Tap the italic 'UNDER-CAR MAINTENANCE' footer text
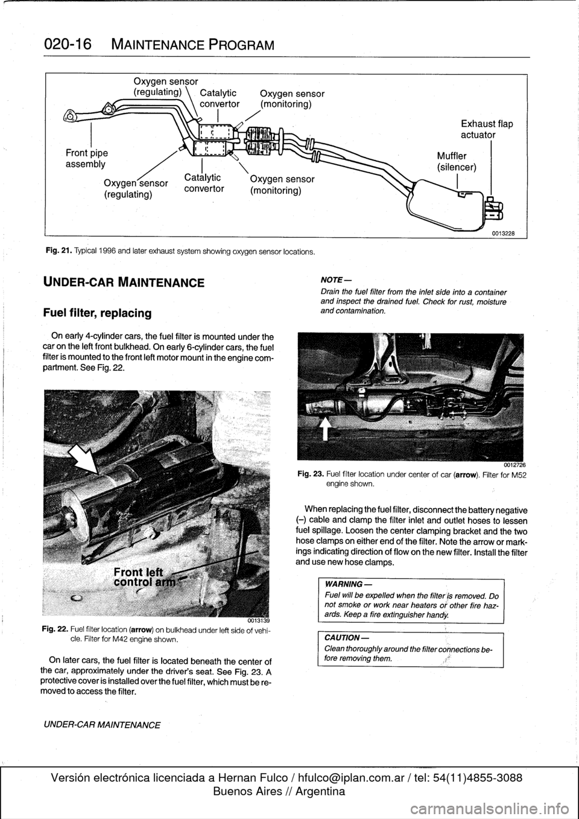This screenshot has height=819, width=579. click(x=101, y=724)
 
